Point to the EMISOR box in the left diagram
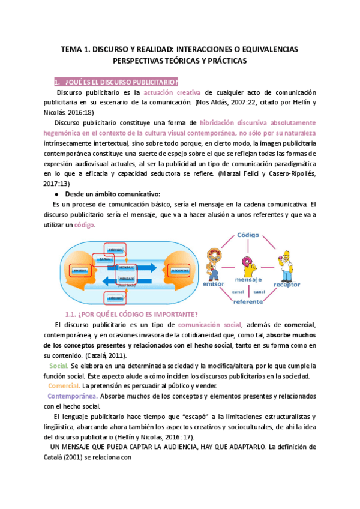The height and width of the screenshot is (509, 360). tap(80, 270)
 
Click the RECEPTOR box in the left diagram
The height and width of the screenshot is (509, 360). tap(179, 270)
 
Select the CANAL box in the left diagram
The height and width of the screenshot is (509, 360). tap(103, 259)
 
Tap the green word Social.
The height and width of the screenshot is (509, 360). tap(59, 366)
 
